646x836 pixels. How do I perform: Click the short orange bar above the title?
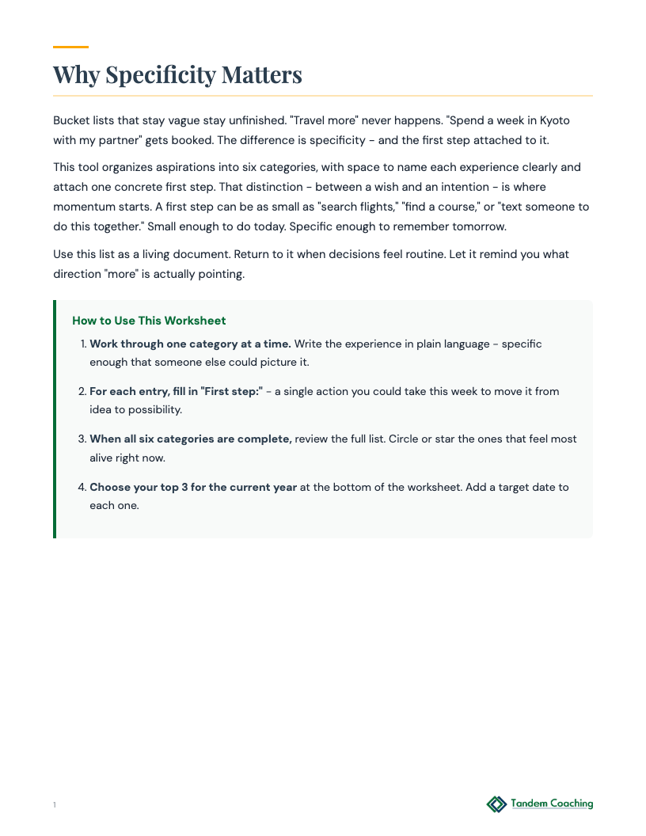70,47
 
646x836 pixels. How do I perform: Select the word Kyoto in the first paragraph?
555,120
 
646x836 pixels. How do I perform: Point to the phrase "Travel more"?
321,120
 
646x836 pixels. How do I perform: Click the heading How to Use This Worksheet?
149,321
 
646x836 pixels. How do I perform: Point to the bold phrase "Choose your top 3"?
138,487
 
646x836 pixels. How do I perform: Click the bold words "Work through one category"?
158,344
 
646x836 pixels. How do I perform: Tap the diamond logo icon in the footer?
496,804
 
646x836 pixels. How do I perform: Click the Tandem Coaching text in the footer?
552,804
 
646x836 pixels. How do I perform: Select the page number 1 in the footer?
55,805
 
